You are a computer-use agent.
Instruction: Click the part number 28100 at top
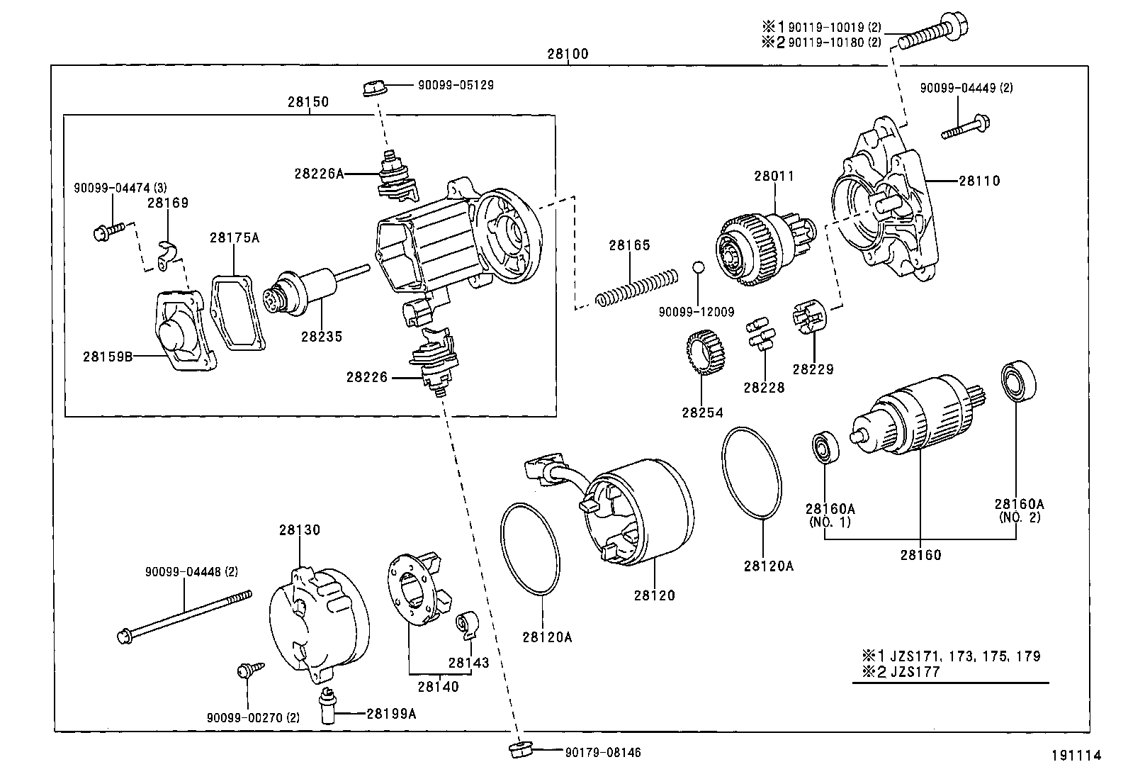tap(568, 54)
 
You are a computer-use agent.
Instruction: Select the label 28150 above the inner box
tap(308, 102)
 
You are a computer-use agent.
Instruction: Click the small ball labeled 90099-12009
tap(698, 267)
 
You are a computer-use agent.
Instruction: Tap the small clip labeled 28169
tap(168, 255)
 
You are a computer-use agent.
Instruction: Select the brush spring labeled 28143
tap(468, 624)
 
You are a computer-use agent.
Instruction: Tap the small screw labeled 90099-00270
tap(249, 670)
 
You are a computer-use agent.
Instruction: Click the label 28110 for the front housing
tap(979, 181)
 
